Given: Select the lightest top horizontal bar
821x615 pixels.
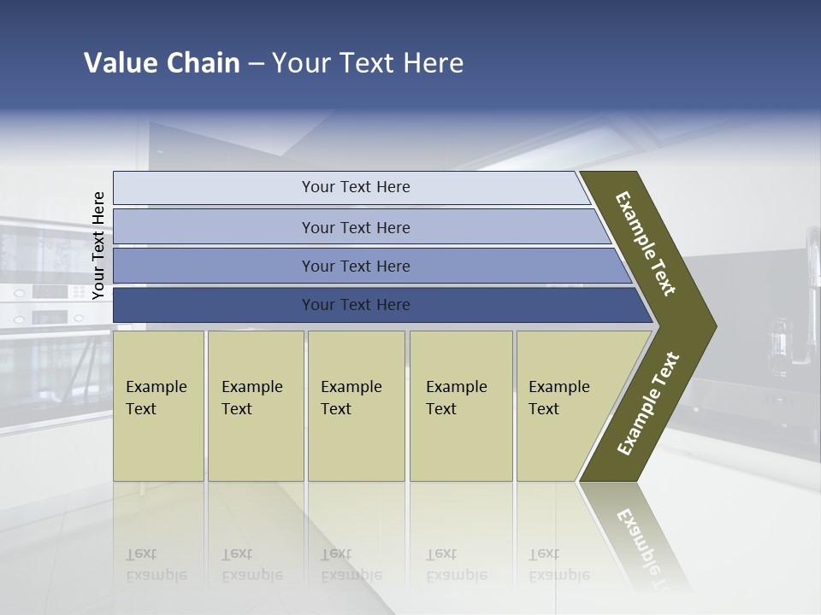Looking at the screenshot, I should coord(355,187).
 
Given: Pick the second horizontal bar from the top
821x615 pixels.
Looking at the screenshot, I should coord(355,227).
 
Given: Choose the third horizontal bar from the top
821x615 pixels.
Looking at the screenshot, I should coord(355,266).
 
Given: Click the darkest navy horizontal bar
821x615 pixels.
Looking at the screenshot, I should coord(355,305).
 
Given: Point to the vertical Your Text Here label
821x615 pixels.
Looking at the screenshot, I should coord(98,245).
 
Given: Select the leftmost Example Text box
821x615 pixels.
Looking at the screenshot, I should coord(158,406).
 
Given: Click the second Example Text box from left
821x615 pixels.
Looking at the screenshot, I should coord(255,406).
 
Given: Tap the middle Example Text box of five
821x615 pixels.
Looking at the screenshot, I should coord(356,406).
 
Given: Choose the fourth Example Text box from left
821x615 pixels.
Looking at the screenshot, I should coord(460,406).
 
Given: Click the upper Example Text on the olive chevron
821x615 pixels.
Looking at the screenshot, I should coord(646,243).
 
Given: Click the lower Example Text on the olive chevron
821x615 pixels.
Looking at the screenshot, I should coord(648,404).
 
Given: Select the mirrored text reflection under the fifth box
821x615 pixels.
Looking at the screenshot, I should coord(559,565).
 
